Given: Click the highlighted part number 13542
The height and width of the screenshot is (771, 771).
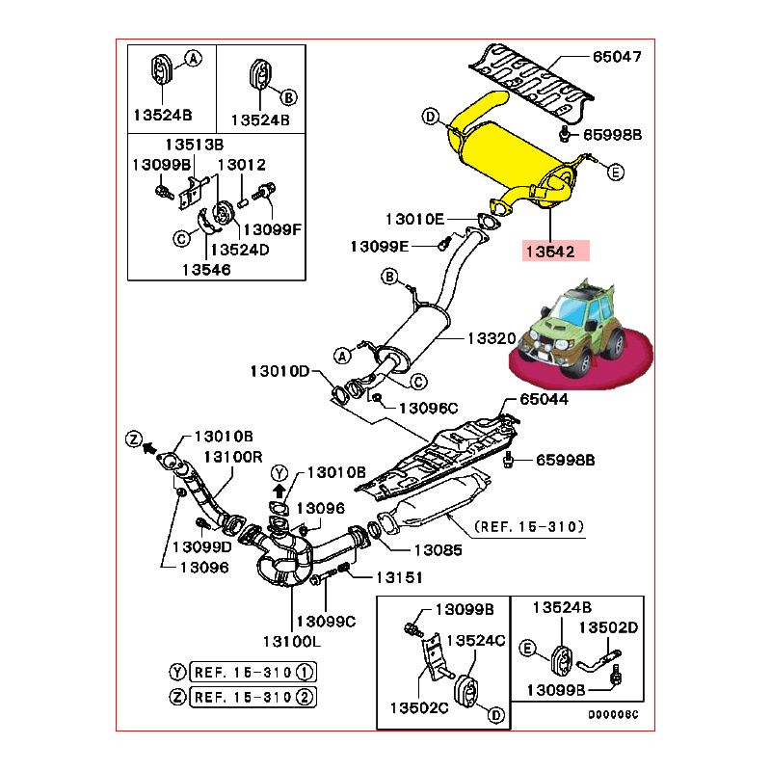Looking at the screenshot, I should (550, 253).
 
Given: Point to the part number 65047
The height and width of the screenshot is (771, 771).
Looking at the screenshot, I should (617, 57).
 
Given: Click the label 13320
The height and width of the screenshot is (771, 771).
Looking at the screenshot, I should (492, 339).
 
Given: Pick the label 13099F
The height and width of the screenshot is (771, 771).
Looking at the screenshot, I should (272, 230).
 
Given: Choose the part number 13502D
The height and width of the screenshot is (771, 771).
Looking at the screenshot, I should (608, 627).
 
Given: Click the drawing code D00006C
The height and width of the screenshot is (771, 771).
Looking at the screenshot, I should (614, 717).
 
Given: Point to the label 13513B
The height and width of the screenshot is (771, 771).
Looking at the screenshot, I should (194, 144).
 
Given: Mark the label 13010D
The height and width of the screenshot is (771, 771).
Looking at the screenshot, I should (280, 371).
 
